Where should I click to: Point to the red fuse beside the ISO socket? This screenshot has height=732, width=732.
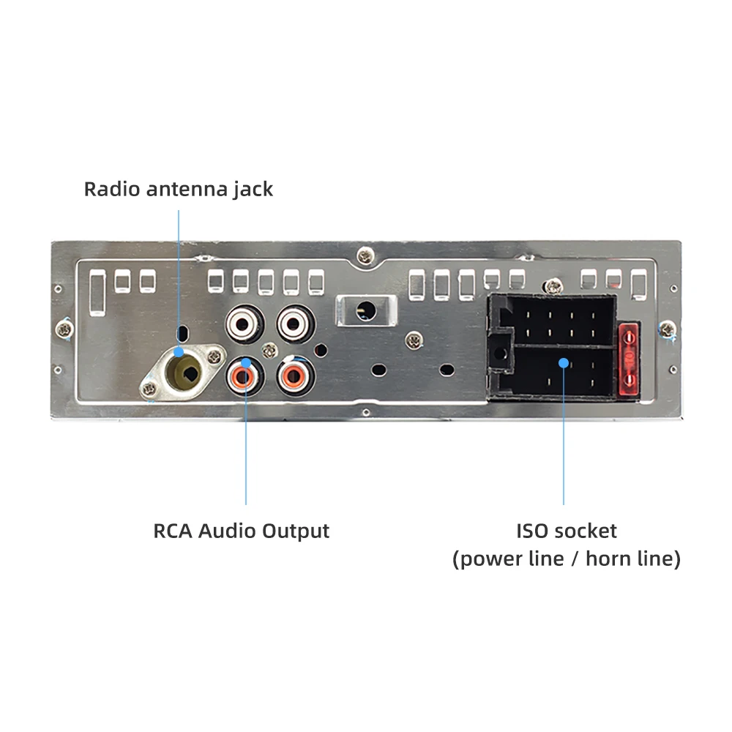(629, 361)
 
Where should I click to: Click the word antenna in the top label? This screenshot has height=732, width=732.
(182, 189)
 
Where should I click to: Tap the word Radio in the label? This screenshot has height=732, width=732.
(113, 189)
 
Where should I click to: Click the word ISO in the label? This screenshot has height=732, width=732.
(532, 531)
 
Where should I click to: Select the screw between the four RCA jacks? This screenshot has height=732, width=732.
(269, 349)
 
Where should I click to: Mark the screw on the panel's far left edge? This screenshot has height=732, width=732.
(65, 329)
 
